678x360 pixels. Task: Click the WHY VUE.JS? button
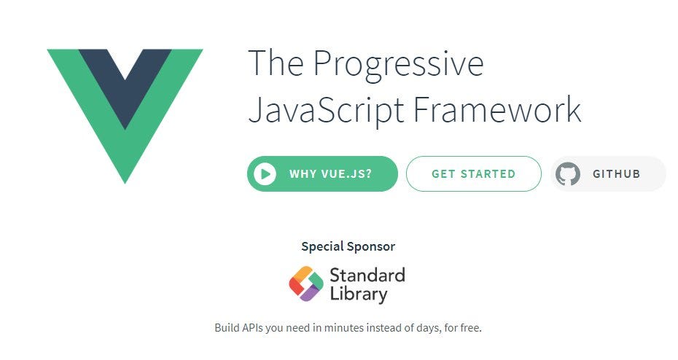[x=322, y=174]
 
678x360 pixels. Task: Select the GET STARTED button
[x=473, y=174]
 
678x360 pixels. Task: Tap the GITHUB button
[x=608, y=174]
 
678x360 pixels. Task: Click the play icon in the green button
[x=265, y=174]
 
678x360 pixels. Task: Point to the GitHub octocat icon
[x=568, y=174]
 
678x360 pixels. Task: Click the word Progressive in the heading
[x=399, y=63]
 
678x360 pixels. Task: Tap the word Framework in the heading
[x=497, y=110]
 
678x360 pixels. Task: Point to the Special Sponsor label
[x=348, y=246]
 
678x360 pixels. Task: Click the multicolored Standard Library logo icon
[x=306, y=284]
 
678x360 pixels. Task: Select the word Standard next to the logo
[x=367, y=275]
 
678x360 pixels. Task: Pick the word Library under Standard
[x=358, y=294]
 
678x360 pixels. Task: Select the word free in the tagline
[x=470, y=328]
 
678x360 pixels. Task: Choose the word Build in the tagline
[x=228, y=328]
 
